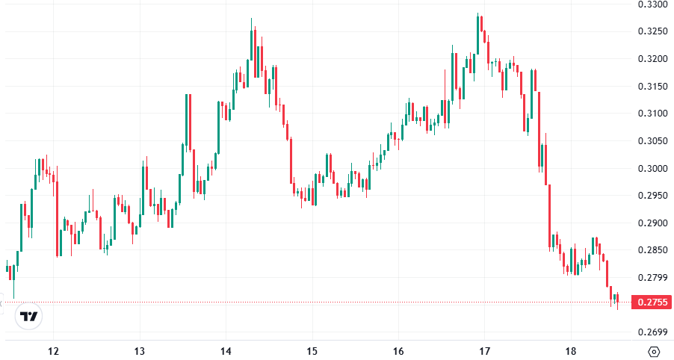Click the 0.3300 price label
652,4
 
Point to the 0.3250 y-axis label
652,31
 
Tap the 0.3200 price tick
652,58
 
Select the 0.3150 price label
652,86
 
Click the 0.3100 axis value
652,114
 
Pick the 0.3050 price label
652,141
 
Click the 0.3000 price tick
652,168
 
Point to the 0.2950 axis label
652,196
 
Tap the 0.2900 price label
652,223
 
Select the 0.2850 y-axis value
652,250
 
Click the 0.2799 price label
652,278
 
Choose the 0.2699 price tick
652,332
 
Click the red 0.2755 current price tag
652,302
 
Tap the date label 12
53,351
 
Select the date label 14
226,351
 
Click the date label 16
398,351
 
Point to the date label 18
571,351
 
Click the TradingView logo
29,317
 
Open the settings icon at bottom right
654,351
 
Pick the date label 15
312,351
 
